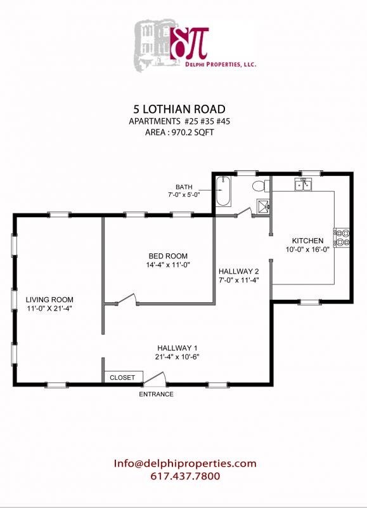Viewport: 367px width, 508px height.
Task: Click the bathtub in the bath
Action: pos(224,191)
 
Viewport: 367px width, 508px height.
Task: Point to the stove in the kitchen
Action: pos(342,237)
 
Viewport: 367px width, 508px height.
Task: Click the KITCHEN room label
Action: pos(307,241)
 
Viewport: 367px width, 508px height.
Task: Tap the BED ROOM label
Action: pos(160,256)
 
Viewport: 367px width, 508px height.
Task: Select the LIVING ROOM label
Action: pos(49,300)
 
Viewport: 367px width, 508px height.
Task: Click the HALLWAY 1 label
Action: pos(178,347)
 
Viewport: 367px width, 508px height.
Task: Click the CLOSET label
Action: pos(122,377)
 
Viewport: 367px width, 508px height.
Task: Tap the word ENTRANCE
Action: pos(156,394)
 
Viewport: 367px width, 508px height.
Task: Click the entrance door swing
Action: pos(156,378)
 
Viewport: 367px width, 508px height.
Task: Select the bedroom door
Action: pos(125,299)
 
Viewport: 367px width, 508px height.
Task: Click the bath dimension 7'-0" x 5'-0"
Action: pos(184,195)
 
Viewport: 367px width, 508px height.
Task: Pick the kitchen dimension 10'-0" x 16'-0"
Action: pos(307,250)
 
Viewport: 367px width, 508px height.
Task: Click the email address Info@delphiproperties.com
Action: pos(185,464)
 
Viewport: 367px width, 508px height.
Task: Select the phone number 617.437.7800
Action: pos(185,476)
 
